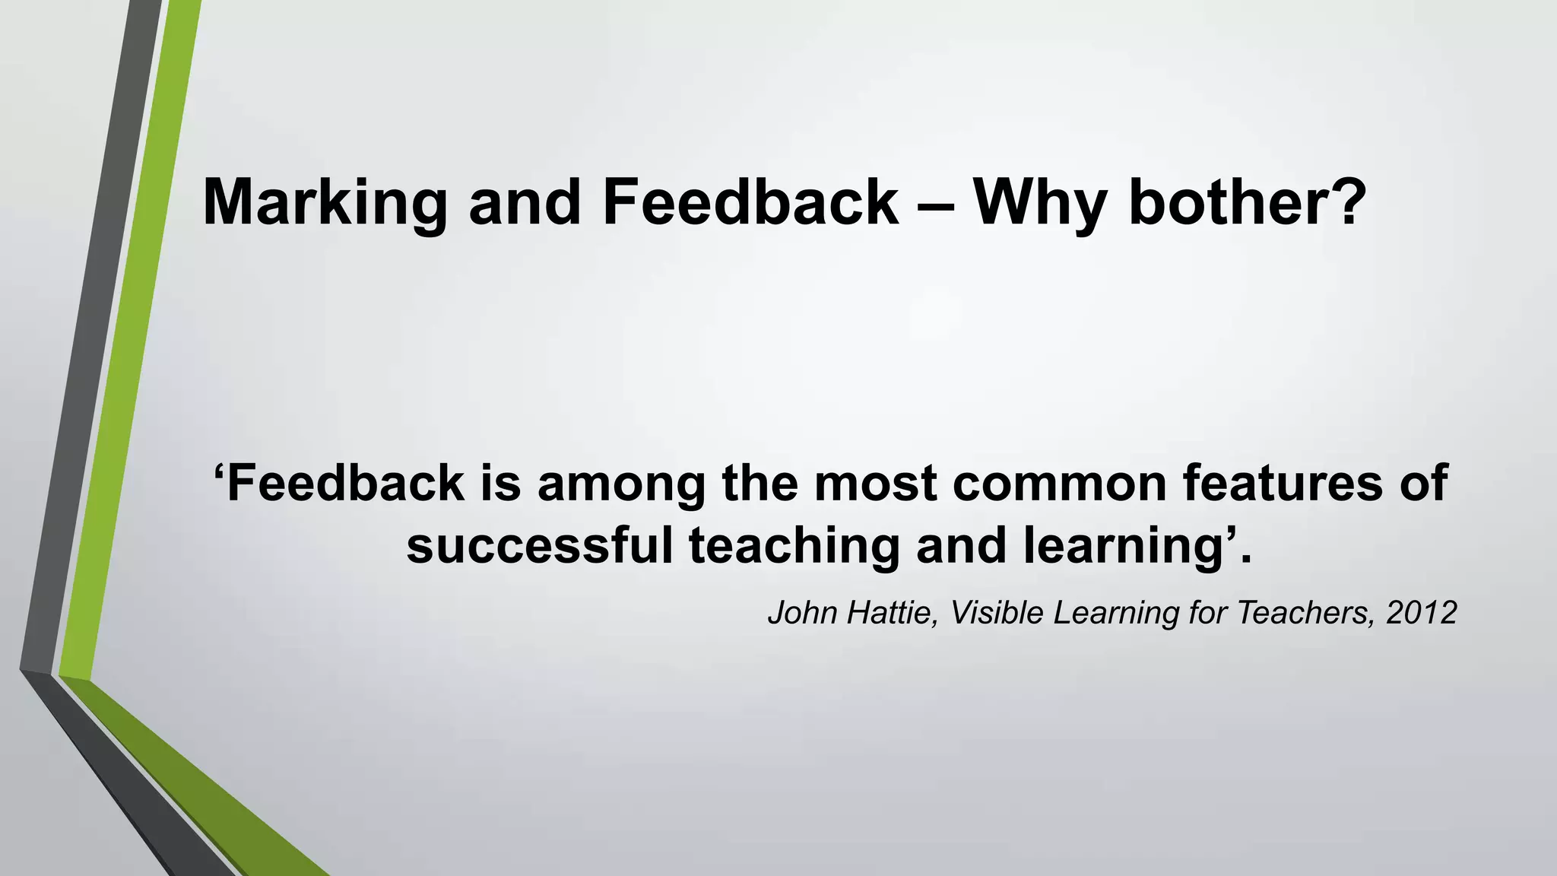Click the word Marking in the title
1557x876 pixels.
(x=325, y=204)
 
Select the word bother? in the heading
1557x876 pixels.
(x=1248, y=202)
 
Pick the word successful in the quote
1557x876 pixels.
(x=540, y=545)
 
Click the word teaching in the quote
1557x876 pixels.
(x=794, y=547)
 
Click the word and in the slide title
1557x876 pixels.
(x=525, y=202)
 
